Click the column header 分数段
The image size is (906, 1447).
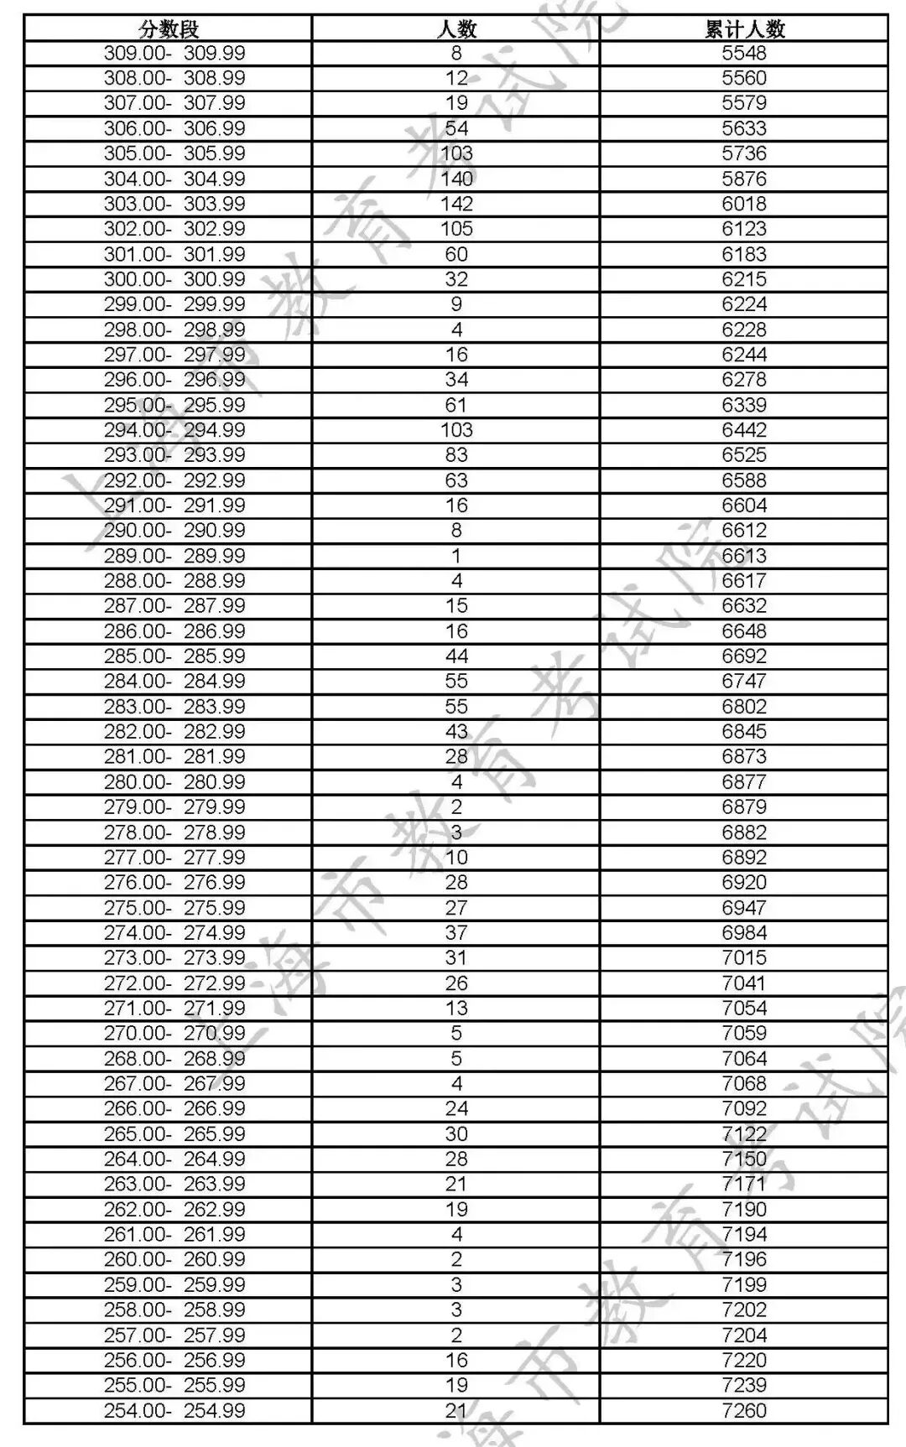(169, 29)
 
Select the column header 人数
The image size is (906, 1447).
(456, 29)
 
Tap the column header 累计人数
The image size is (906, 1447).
(744, 29)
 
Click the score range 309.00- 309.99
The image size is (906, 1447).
(174, 54)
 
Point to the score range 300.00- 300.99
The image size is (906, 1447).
(174, 279)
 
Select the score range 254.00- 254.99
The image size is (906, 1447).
(174, 1411)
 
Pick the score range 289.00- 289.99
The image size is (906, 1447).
(174, 556)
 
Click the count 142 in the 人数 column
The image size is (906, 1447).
(456, 204)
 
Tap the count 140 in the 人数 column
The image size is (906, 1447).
(456, 179)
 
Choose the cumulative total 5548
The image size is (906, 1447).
(744, 54)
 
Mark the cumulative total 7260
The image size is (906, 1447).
(744, 1411)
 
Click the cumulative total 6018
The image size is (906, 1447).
(744, 204)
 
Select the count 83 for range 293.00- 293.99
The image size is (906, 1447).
(456, 455)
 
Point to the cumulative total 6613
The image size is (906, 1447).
(744, 556)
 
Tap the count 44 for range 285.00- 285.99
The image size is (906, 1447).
(456, 656)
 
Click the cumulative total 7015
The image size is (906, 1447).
(744, 958)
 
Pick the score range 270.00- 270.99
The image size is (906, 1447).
(174, 1034)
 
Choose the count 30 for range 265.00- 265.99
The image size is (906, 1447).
(456, 1134)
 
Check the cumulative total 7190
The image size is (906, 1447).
(744, 1210)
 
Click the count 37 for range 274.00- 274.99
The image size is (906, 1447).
(456, 933)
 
